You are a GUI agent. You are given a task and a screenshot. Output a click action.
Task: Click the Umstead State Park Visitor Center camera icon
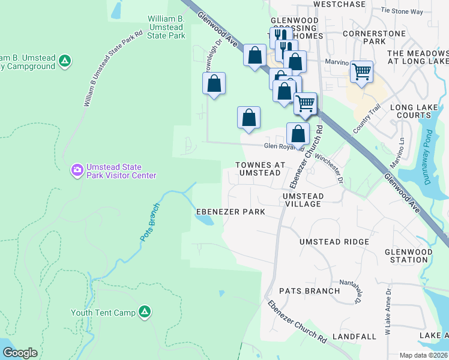coord(77,171)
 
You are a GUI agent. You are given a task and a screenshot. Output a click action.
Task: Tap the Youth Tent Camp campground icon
coord(144,311)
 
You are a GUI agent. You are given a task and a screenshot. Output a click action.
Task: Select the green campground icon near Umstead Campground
coord(65,61)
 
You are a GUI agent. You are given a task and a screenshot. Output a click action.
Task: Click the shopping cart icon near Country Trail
coord(361,72)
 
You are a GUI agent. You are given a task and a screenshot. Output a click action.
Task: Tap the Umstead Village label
coord(303,200)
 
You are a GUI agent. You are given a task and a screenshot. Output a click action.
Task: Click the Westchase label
coord(339,4)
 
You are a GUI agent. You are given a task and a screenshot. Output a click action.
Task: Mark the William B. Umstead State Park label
coord(167,27)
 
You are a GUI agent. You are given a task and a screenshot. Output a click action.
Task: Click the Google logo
coord(20,353)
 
